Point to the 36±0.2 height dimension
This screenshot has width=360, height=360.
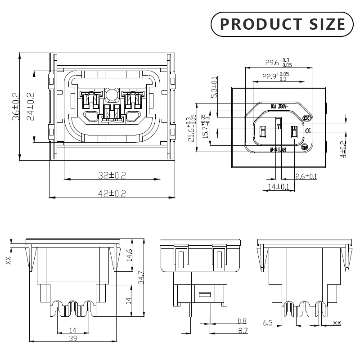click(16, 107)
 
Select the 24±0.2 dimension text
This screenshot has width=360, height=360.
click(30, 107)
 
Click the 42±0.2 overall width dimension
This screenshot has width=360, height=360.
click(112, 193)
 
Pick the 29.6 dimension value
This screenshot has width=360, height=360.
click(272, 63)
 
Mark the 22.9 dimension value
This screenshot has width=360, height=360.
click(269, 76)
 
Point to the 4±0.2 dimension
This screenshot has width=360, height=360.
click(343, 149)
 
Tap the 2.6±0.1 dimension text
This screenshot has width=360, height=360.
click(306, 176)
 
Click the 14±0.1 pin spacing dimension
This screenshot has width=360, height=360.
click(278, 186)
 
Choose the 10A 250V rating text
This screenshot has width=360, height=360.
click(279, 107)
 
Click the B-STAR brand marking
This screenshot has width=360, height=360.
click(278, 150)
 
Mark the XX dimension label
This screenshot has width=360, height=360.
click(8, 260)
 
